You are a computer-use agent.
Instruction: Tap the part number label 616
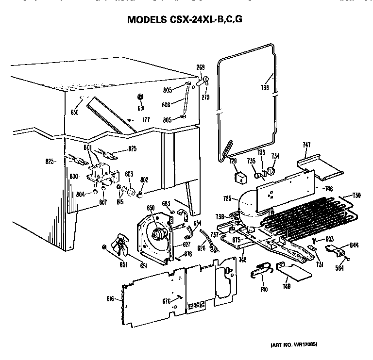pyautogui.click(x=111, y=299)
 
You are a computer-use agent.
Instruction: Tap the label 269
pyautogui.click(x=200, y=67)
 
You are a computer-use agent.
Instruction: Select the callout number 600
pyautogui.click(x=73, y=177)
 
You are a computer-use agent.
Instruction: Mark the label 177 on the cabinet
pyautogui.click(x=145, y=119)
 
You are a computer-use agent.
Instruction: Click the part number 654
pyautogui.click(x=197, y=223)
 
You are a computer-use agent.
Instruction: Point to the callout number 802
pyautogui.click(x=144, y=180)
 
